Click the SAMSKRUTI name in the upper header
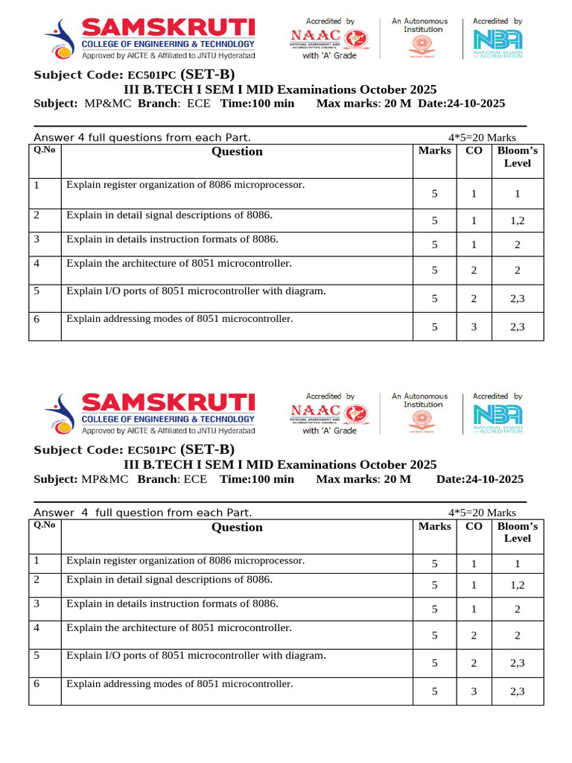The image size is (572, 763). [168, 30]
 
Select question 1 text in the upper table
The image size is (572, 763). [185, 185]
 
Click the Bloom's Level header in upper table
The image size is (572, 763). [517, 157]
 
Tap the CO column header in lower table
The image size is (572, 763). [474, 526]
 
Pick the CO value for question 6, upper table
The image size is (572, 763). [474, 326]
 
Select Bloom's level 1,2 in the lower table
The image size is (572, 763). [517, 586]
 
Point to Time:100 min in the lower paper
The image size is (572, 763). [257, 479]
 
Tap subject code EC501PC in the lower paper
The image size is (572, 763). [152, 451]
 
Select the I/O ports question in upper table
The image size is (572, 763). [196, 291]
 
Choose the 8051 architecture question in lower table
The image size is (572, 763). [179, 628]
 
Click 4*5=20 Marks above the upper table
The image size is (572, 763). [482, 138]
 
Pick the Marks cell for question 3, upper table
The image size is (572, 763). [434, 244]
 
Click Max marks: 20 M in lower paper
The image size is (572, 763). [363, 479]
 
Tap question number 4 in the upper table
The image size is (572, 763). [36, 263]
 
